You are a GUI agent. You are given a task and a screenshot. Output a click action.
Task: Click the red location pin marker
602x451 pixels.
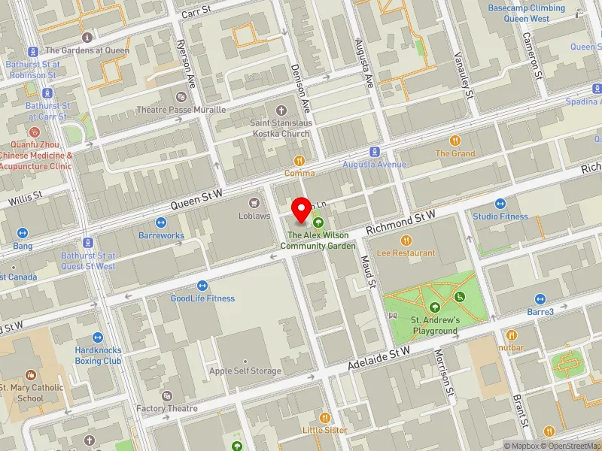tap(302, 210)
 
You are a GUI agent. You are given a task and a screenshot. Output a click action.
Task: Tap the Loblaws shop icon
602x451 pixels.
tap(254, 201)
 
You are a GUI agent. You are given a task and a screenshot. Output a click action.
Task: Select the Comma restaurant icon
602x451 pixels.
tap(299, 160)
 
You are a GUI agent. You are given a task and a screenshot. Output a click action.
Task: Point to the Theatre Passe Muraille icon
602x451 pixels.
tap(181, 96)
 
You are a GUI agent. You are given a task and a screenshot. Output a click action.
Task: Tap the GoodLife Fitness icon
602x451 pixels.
tap(202, 285)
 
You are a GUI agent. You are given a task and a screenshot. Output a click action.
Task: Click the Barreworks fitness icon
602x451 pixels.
tap(161, 222)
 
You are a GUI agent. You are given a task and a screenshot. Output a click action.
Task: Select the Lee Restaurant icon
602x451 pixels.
tap(406, 240)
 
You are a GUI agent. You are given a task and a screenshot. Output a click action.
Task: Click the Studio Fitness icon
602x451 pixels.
tap(500, 204)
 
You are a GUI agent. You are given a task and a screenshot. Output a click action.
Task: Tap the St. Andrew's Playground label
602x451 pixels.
tap(434, 325)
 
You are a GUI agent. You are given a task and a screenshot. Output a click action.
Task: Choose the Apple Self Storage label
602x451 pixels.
tap(245, 371)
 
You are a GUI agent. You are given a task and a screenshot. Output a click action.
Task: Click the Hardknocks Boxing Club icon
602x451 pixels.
tap(98, 337)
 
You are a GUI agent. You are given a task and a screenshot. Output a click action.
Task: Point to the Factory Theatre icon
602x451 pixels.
tap(166, 395)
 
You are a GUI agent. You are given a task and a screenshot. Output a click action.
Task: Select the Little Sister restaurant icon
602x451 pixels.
tap(325, 417)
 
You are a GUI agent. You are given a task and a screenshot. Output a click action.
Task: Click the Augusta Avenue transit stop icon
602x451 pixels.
tap(375, 152)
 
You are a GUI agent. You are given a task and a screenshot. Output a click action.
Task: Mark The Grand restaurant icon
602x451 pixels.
tap(455, 141)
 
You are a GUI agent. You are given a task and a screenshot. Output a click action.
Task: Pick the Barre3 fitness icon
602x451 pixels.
tap(540, 298)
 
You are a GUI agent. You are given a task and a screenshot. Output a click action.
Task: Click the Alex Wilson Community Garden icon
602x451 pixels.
tap(318, 222)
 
